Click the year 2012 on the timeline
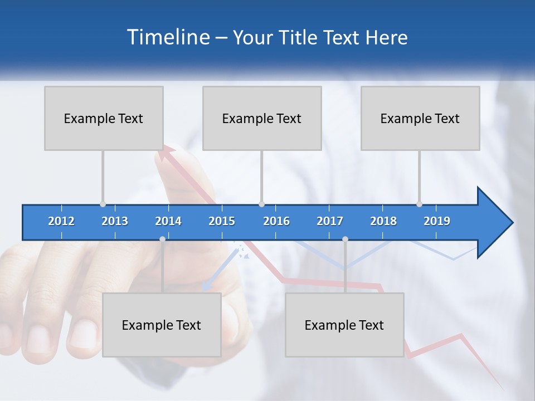pos(61,221)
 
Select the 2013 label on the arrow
pos(115,221)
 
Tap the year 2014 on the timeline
pos(168,221)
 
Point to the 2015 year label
pos(222,221)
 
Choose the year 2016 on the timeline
pos(276,221)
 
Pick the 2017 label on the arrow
pos(330,221)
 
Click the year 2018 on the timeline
pos(383,221)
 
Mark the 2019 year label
pos(437,221)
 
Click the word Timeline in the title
pos(167,37)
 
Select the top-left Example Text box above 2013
pos(104,118)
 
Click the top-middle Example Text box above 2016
pos(262,118)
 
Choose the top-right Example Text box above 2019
pos(420,118)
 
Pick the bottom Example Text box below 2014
pos(162,325)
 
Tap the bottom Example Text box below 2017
pos(344,325)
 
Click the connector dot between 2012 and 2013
pos(103,204)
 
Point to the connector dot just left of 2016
pos(261,204)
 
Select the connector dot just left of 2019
pos(419,204)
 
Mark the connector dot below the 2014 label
pos(162,239)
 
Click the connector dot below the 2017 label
pos(345,239)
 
